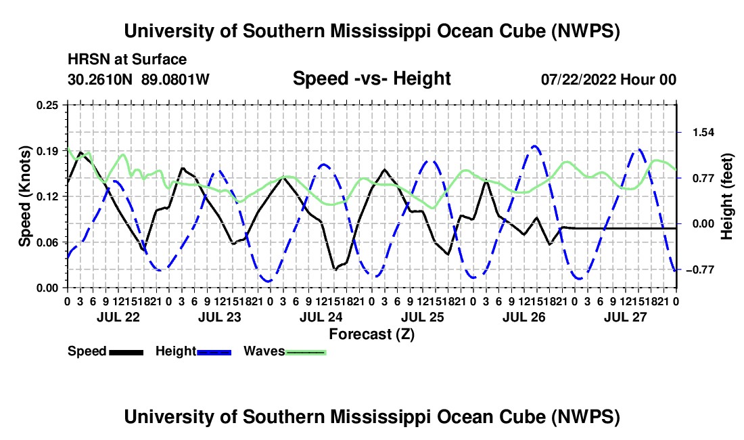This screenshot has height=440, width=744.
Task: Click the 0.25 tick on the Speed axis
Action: click(x=47, y=105)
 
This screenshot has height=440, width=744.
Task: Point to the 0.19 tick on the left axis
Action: click(x=47, y=151)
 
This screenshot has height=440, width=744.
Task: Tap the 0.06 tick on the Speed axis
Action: click(x=47, y=242)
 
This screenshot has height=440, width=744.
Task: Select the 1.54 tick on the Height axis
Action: click(x=703, y=133)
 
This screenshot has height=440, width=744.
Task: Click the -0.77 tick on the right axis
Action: click(x=700, y=270)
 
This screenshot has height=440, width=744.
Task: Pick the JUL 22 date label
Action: click(x=118, y=317)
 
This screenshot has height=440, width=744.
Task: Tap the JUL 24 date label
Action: click(x=321, y=317)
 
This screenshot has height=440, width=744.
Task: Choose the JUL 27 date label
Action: click(x=626, y=317)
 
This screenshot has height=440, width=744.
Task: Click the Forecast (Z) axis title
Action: click(x=371, y=334)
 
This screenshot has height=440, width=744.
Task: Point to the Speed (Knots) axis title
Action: click(x=24, y=196)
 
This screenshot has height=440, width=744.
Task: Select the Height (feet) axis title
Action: click(x=727, y=196)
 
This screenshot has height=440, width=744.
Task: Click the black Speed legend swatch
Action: click(x=126, y=352)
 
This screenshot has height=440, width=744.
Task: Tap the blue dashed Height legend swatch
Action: click(x=214, y=352)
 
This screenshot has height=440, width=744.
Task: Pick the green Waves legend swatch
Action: click(x=306, y=352)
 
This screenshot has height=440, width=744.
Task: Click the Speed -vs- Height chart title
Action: click(x=371, y=79)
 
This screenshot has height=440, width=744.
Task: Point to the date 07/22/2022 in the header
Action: click(x=579, y=79)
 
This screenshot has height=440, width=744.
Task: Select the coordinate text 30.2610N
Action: click(x=100, y=79)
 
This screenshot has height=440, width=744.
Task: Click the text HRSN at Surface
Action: click(x=127, y=60)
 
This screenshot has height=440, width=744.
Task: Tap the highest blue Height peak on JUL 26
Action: click(x=535, y=146)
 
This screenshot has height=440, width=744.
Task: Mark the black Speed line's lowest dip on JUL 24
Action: click(x=335, y=269)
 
